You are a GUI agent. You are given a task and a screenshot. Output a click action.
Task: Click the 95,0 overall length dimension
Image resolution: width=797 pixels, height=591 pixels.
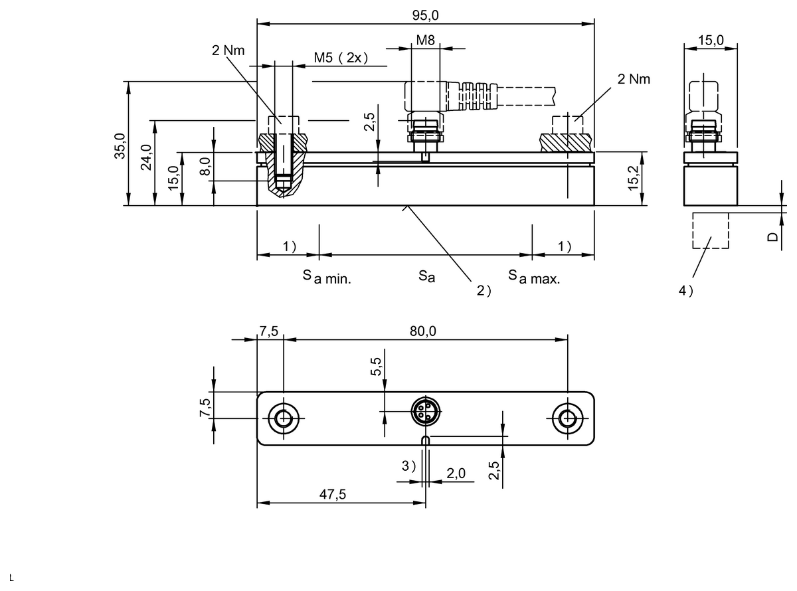click(425, 15)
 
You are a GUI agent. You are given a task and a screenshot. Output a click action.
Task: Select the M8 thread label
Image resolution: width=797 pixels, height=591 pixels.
click(425, 40)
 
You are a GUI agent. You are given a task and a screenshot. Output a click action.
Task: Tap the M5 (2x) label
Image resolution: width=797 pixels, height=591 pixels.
click(341, 58)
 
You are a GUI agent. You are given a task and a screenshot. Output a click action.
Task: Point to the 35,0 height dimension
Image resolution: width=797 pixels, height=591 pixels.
click(120, 146)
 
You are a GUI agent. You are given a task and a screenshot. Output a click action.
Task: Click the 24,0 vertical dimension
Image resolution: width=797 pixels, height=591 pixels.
click(146, 157)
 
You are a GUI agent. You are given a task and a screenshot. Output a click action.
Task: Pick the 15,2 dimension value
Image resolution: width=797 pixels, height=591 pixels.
click(633, 178)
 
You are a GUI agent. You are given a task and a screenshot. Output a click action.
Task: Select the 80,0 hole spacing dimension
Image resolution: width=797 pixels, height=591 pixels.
click(423, 331)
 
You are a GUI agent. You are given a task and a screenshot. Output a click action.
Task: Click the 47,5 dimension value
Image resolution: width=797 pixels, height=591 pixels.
click(332, 494)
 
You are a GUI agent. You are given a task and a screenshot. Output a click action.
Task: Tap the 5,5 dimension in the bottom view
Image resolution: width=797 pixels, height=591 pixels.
click(376, 367)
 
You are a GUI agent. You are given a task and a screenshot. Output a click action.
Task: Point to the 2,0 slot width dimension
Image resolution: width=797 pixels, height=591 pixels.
click(456, 473)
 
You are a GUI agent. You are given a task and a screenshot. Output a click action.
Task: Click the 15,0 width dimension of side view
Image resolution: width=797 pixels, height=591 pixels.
click(711, 40)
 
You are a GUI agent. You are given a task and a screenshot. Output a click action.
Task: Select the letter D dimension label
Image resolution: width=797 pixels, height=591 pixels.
click(772, 237)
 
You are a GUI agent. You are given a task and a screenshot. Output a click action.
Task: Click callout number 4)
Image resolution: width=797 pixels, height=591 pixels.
click(685, 290)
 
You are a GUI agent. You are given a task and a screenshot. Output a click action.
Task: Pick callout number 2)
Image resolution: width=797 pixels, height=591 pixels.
click(484, 290)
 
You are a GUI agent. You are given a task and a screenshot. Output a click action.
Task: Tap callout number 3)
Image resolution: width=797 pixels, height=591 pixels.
click(408, 466)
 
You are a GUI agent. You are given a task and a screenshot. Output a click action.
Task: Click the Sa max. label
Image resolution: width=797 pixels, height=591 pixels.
click(534, 277)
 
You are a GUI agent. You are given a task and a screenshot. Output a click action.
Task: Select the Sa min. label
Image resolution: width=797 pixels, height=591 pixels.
click(327, 277)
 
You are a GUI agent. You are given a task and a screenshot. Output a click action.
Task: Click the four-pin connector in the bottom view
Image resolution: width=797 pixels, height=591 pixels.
click(426, 411)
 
